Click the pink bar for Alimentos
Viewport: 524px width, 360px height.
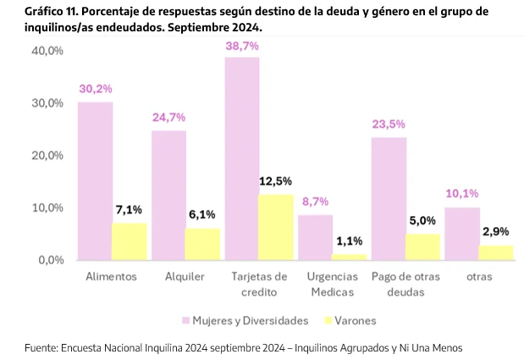[95, 180]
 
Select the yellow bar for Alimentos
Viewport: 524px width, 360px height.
[130, 241]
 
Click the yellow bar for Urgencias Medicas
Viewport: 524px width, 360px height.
[350, 256]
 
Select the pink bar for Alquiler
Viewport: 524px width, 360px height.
[168, 195]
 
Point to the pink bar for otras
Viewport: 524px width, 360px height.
[461, 233]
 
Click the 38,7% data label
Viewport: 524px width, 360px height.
[242, 46]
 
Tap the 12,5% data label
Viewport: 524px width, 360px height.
[276, 180]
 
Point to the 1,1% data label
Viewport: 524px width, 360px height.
[350, 241]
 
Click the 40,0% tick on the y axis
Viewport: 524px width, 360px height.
[47, 51]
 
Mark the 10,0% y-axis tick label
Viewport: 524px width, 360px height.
[47, 208]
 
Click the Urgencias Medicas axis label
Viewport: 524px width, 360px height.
[332, 285]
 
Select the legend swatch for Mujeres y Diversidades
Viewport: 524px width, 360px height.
[185, 321]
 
